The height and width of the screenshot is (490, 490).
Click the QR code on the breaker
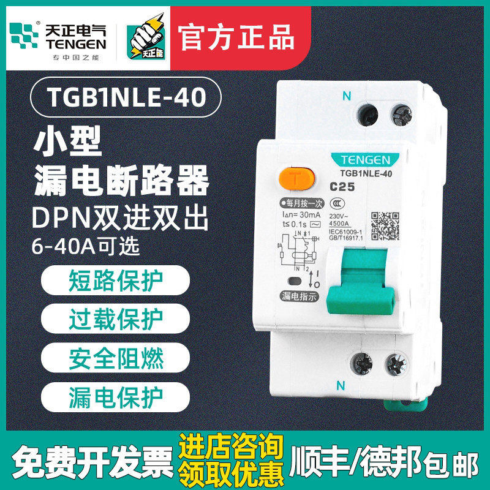(385, 227)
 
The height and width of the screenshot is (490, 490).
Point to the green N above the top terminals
(347, 96)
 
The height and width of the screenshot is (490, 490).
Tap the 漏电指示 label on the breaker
(298, 296)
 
